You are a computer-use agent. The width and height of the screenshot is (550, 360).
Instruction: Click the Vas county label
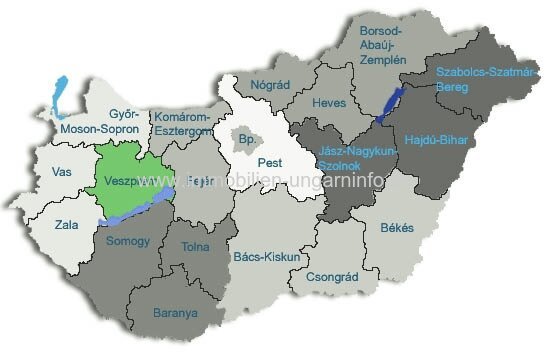pos(62,171)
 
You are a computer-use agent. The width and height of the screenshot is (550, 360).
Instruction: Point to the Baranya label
pos(176,313)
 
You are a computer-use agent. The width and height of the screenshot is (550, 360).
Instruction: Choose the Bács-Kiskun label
pos(266,257)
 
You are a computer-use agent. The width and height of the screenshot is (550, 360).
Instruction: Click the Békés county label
pos(396,228)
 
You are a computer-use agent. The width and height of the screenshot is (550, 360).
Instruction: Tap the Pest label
pos(269,161)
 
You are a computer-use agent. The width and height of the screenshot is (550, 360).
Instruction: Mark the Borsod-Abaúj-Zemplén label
pos(384,45)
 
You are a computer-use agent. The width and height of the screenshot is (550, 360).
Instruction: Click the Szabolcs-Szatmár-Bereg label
pos(476,79)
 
